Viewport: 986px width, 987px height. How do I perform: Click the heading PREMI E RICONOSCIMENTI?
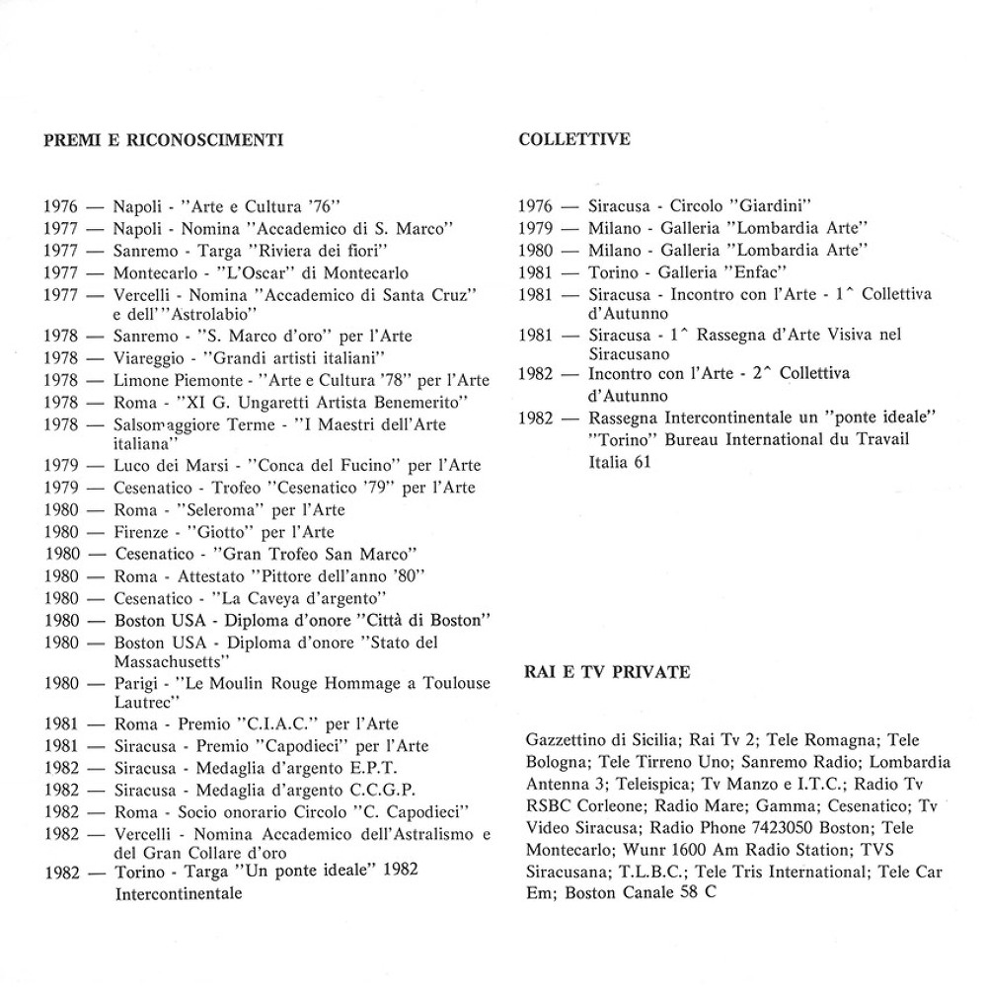[163, 140]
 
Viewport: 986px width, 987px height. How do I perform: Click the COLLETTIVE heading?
[573, 139]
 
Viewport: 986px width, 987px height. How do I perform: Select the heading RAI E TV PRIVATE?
[606, 672]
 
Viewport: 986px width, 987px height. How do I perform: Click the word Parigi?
[137, 682]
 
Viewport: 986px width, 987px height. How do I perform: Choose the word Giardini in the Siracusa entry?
[773, 206]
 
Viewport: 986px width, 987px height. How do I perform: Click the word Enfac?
[750, 271]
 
